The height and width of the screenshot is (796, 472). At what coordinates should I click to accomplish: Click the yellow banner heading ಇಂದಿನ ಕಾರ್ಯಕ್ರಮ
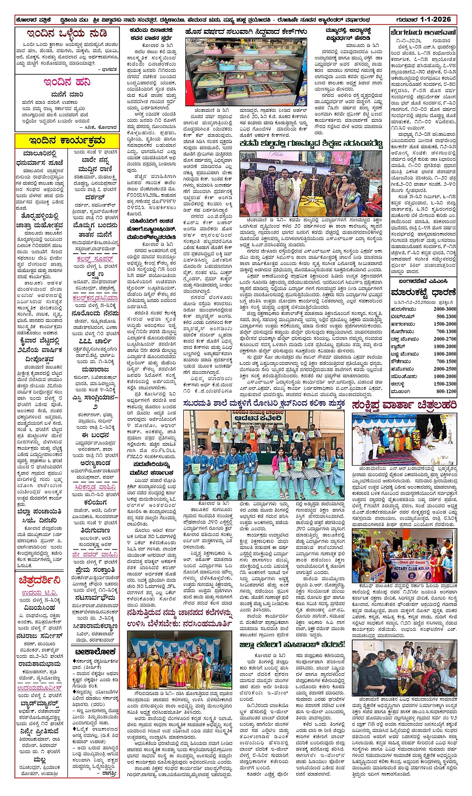[67, 141]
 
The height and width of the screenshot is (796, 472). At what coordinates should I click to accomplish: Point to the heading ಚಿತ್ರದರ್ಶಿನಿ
[40, 580]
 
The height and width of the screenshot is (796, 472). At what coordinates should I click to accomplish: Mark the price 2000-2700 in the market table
[445, 339]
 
